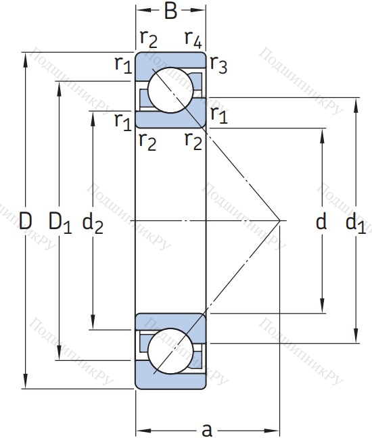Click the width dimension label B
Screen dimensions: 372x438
pos(170,11)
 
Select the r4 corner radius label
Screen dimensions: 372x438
pos(193,39)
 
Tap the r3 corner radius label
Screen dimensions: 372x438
pos(218,64)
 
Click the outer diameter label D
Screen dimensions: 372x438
pos(26,220)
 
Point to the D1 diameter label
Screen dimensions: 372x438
pos(60,222)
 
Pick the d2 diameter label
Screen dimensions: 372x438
pos(93,222)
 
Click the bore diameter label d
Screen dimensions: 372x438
pos(321,220)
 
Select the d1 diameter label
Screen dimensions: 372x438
pos(356,222)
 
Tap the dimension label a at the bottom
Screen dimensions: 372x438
pos(207,430)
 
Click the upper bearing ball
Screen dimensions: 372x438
pos(170,90)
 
